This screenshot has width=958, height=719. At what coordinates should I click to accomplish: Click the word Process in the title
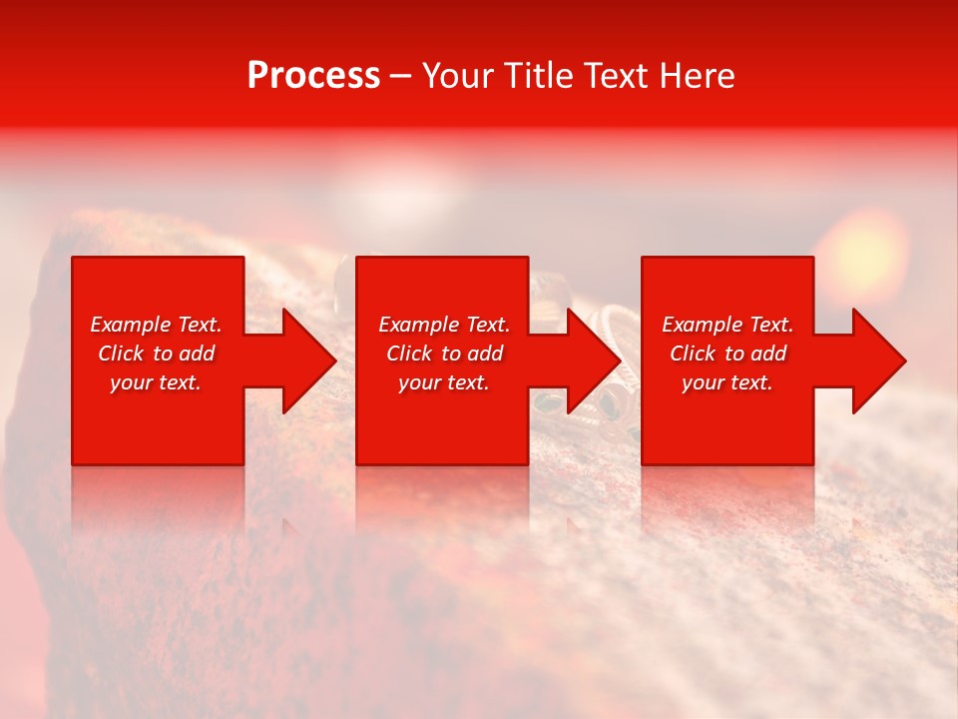[x=313, y=76]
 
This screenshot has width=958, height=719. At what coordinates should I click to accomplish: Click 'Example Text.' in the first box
[x=156, y=325]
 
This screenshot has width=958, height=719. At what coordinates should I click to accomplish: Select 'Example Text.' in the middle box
[x=444, y=325]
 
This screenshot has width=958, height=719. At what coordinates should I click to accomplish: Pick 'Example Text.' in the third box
[x=727, y=325]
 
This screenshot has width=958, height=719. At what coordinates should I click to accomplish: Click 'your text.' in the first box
[x=156, y=382]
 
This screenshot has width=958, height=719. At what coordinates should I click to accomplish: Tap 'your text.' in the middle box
[x=444, y=382]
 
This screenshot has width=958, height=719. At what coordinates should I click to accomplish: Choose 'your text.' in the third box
[x=727, y=382]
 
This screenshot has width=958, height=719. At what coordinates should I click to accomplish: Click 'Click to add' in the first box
[x=156, y=354]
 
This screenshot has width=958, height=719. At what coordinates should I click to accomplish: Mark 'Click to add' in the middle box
[x=444, y=354]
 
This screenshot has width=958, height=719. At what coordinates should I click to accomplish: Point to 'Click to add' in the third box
[x=727, y=354]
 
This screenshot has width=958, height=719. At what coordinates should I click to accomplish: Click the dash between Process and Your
[x=400, y=76]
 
